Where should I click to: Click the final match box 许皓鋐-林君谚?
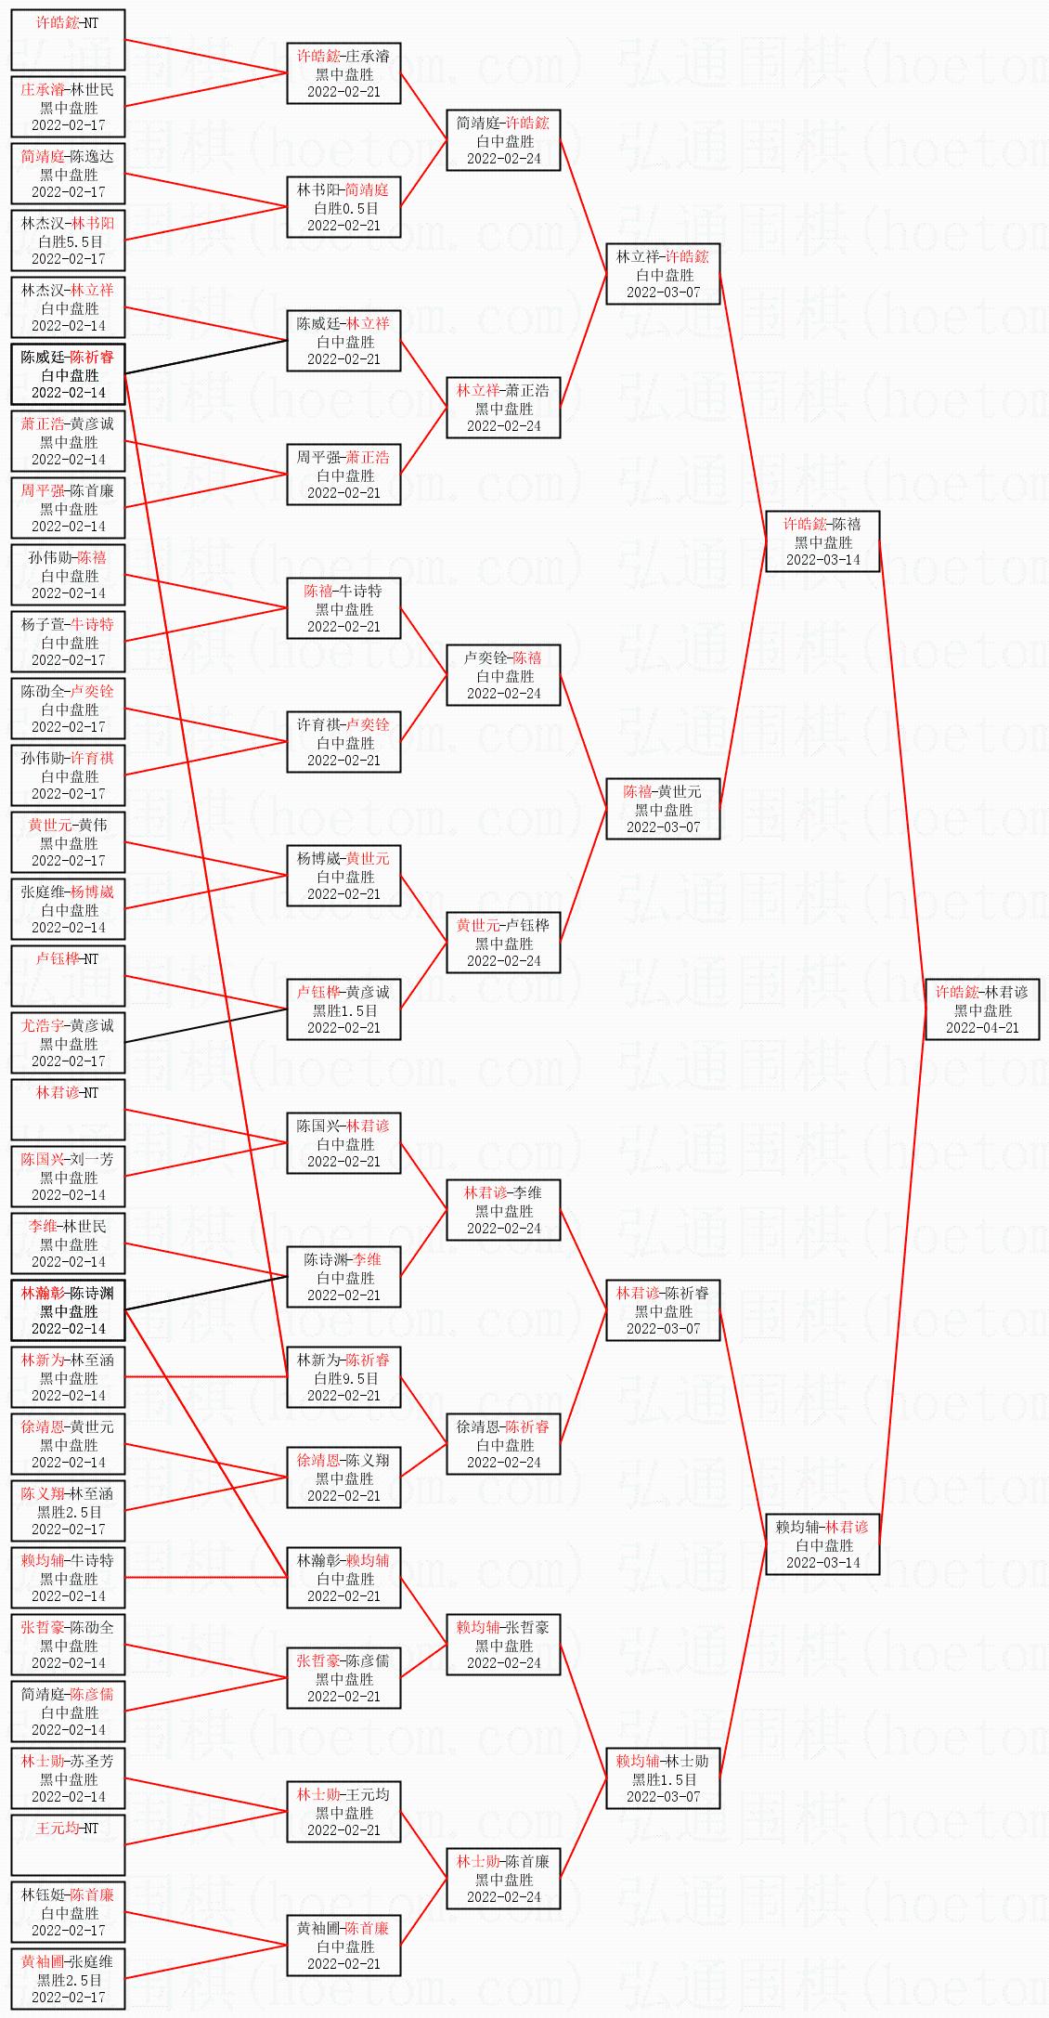tap(982, 1009)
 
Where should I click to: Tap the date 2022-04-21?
tap(982, 1028)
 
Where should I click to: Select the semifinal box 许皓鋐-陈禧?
tap(822, 541)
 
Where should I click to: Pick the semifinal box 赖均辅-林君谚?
tap(822, 1544)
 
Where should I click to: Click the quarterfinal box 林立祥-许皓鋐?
tap(663, 274)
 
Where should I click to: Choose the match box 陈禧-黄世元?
tap(663, 809)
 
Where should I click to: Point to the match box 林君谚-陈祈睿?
tap(663, 1310)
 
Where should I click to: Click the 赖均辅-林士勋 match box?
tap(663, 1778)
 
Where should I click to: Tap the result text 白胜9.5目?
tap(344, 1378)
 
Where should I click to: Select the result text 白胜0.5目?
tap(344, 208)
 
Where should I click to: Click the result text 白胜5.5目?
tap(69, 241)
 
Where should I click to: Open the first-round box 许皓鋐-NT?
tap(69, 40)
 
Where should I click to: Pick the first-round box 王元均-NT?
tap(69, 1845)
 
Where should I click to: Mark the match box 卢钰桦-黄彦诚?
tap(343, 1009)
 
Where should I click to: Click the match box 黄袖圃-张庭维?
tap(69, 1979)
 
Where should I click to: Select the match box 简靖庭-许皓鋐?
tap(503, 140)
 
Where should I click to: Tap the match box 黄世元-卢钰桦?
tap(503, 943)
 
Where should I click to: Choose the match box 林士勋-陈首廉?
tap(503, 1879)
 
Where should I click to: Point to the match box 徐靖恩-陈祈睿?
tap(503, 1444)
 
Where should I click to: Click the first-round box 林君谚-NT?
tap(69, 1110)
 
